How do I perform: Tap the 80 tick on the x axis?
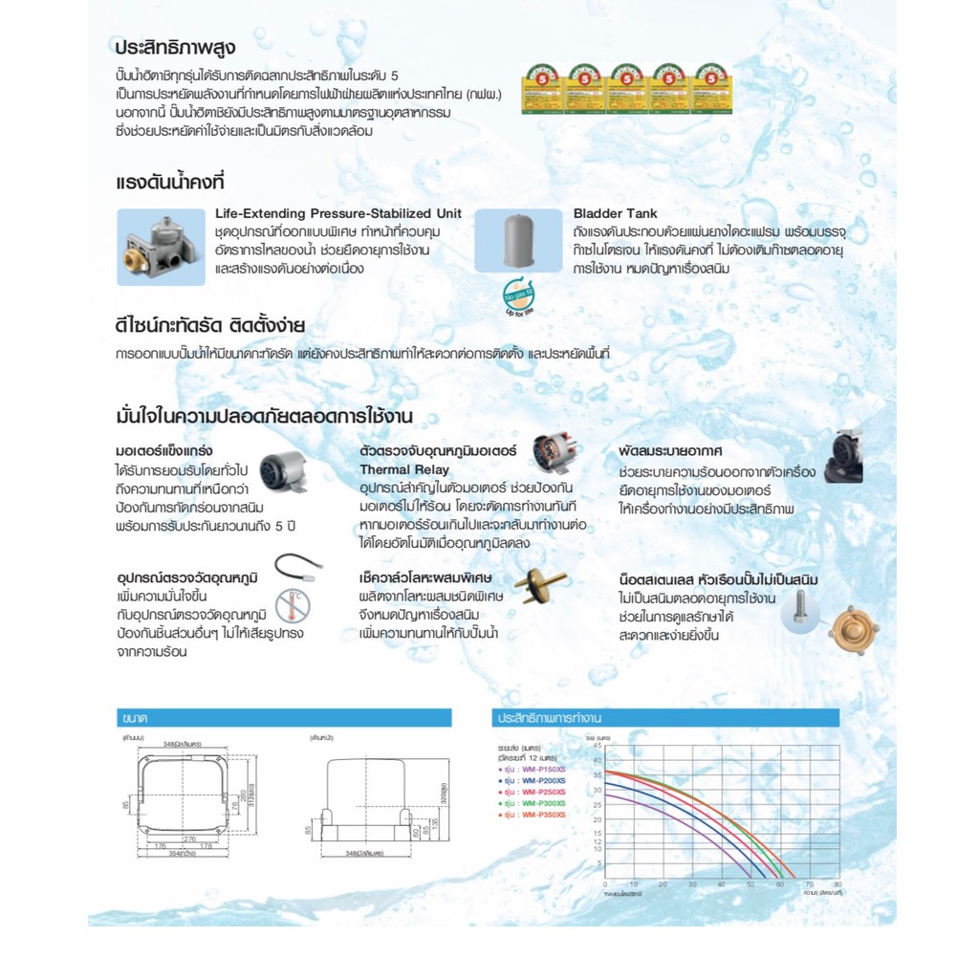(838, 884)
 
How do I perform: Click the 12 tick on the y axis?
(597, 838)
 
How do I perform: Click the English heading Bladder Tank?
(615, 213)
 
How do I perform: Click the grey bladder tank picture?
(518, 241)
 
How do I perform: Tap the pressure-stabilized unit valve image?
(162, 246)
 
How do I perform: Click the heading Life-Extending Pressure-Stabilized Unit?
(337, 213)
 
